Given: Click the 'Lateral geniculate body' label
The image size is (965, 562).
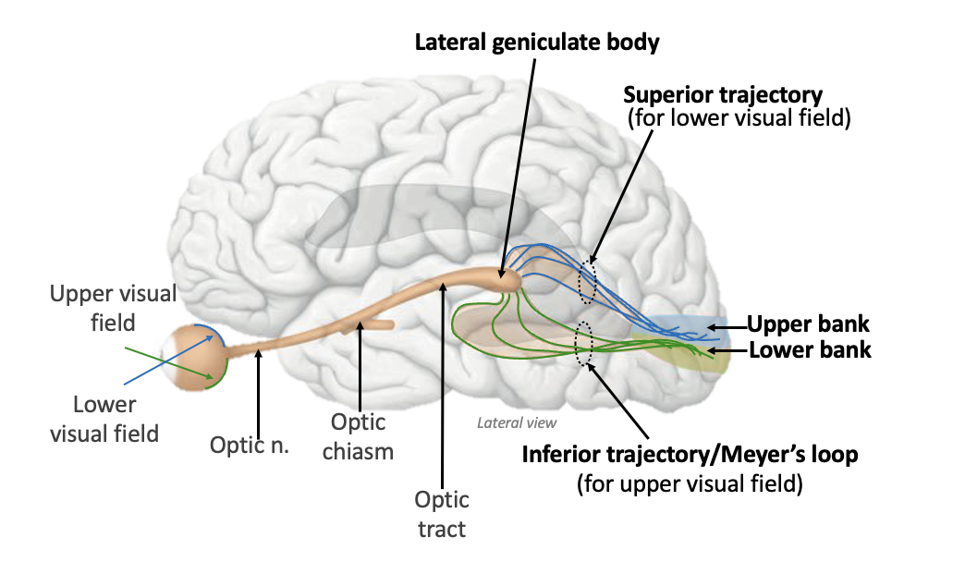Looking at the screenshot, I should coord(537,43).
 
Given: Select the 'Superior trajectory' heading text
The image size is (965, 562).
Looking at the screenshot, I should coord(723,94).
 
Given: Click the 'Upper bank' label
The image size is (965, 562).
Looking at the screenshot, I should coord(808,324).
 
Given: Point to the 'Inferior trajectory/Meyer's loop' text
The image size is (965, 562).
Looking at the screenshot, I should coord(690,455).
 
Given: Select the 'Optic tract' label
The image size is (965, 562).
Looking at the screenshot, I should coord(442,515).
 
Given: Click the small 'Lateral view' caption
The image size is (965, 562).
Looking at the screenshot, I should coord(517,423).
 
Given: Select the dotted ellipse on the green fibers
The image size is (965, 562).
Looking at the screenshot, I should coord(583,342).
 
